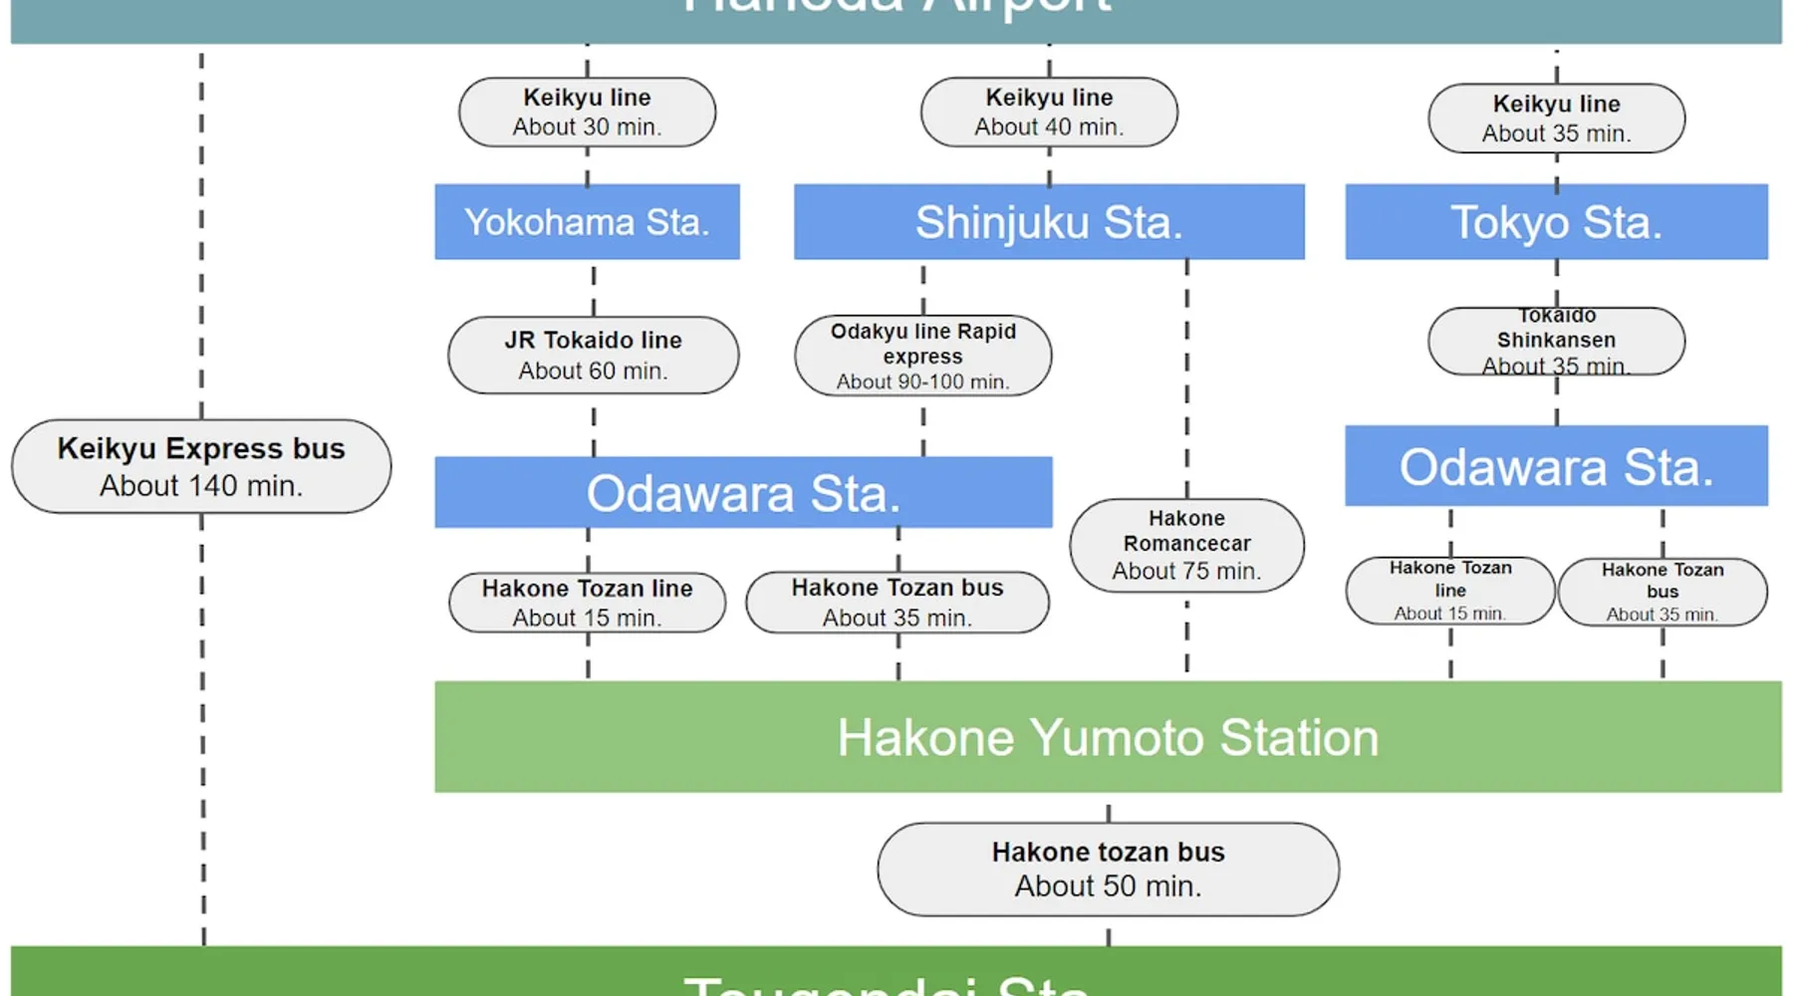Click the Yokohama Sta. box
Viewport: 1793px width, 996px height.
pos(587,222)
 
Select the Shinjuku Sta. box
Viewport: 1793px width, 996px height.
pos(1049,222)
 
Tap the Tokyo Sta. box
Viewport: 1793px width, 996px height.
pos(1556,222)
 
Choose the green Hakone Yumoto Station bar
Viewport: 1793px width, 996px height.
pos(1108,737)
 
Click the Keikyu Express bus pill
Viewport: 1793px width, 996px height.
pos(201,466)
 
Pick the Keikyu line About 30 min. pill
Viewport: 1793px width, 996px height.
pos(587,113)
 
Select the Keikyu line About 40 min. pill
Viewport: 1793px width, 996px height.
pos(1049,113)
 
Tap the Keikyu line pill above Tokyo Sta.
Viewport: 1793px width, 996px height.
pos(1556,119)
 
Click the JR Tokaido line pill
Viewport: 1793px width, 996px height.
pos(593,356)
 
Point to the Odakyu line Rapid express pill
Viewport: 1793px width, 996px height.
pos(922,356)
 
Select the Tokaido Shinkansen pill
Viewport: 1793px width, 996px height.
pos(1556,342)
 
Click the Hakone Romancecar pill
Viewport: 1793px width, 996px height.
pos(1186,545)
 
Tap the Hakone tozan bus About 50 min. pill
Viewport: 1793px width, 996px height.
pos(1108,869)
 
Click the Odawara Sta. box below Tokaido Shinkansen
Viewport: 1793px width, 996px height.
pos(1556,466)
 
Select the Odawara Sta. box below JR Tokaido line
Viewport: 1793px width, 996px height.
pos(743,492)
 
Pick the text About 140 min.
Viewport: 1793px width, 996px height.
pos(201,486)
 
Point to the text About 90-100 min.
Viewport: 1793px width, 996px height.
pos(922,381)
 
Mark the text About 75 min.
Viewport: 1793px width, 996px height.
pos(1186,572)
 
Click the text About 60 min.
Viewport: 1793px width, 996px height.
pos(593,372)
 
